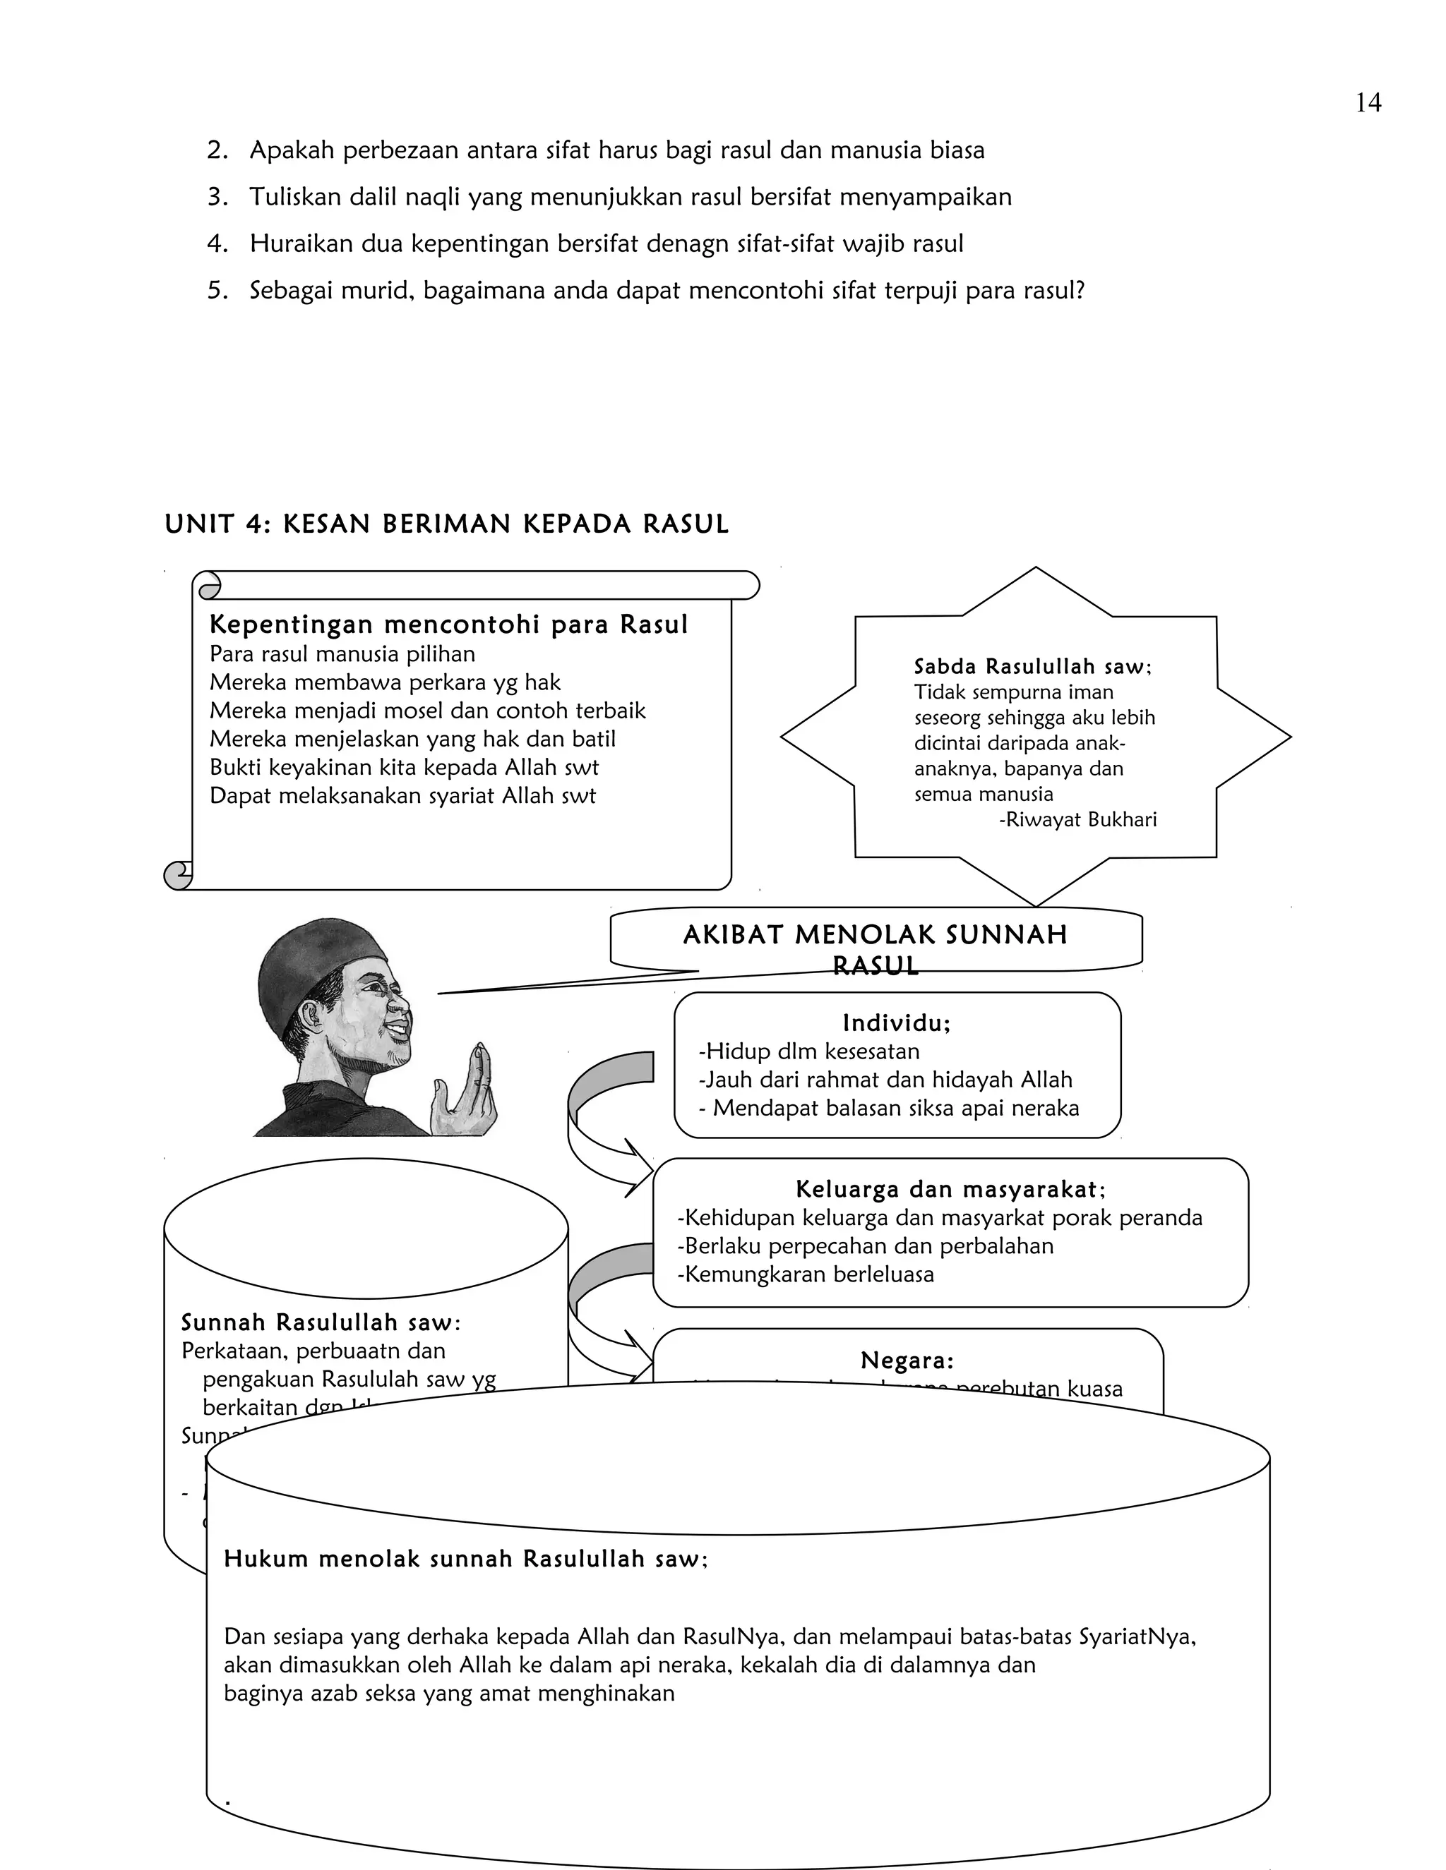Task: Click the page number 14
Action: tap(1368, 104)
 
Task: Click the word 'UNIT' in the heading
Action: tap(197, 524)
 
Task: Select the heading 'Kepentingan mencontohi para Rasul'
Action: tap(448, 625)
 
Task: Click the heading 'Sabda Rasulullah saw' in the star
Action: tap(1032, 666)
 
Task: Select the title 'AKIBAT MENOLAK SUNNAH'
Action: tap(875, 934)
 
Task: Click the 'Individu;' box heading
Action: tap(897, 1023)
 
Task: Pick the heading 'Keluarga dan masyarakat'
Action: tap(950, 1189)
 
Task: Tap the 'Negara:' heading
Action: tap(907, 1361)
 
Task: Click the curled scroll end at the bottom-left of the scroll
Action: tap(177, 874)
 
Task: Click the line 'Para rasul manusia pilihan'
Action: tap(342, 654)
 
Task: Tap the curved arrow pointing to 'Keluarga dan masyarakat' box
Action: tap(604, 1122)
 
